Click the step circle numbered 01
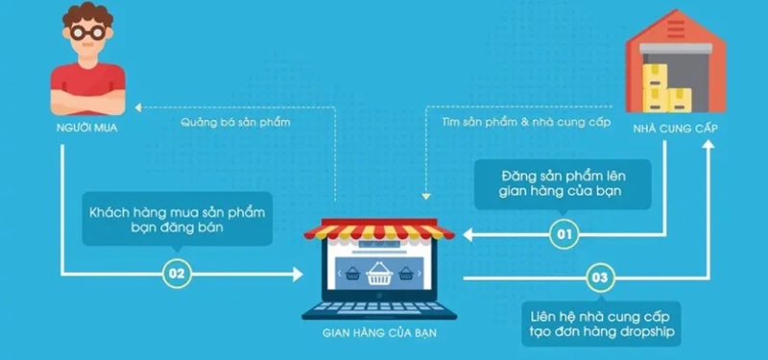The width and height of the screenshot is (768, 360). point(564,232)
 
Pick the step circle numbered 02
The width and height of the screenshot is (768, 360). point(176,274)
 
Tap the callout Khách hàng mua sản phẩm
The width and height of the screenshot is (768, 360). point(177,217)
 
